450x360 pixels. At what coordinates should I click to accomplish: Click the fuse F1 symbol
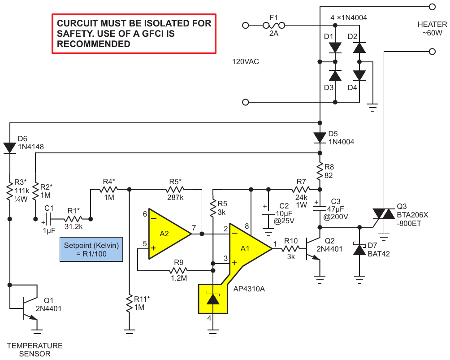(274, 26)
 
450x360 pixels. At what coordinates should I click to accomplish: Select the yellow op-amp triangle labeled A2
(166, 234)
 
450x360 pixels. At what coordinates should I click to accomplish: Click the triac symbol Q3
(384, 214)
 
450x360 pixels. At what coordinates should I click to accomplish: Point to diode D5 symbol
(320, 138)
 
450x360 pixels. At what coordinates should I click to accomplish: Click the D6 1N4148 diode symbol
(9, 148)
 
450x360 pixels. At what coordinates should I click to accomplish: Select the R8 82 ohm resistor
(320, 171)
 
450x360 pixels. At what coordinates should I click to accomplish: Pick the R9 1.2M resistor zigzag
(178, 270)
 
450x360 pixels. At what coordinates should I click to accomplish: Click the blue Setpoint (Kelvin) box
(91, 249)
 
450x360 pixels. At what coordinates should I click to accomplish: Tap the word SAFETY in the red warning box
(74, 34)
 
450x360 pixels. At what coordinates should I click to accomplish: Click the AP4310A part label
(249, 289)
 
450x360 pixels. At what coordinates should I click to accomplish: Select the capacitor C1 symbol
(49, 219)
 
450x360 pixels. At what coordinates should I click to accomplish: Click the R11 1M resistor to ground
(130, 303)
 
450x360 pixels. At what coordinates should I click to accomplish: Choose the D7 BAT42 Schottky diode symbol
(359, 249)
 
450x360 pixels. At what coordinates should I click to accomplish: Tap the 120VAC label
(245, 62)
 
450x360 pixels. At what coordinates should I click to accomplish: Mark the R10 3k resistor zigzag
(290, 249)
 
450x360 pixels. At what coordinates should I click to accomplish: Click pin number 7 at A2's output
(194, 228)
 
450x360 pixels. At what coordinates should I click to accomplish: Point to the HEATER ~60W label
(432, 28)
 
